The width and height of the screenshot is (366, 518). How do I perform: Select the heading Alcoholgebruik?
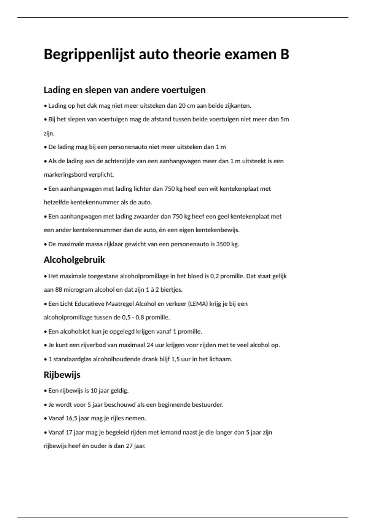coord(74,260)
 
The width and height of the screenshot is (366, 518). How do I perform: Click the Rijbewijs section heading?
coord(62,375)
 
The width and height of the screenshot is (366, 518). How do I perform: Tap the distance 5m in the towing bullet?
coord(285,119)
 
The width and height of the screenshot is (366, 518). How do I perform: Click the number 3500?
coord(223,244)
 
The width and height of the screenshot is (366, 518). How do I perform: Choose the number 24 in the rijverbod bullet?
coord(150,345)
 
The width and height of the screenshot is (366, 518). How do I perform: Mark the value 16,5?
coord(71,418)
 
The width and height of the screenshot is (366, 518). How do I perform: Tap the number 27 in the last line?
coord(129,446)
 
